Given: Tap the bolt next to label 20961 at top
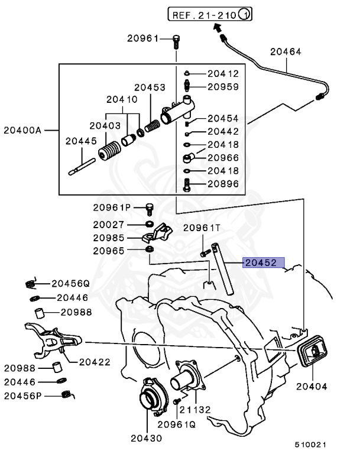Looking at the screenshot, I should (176, 41).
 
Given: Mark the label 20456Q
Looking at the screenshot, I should (70, 283).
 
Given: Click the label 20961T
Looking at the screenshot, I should (201, 228).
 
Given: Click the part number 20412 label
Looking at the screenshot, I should (222, 74).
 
